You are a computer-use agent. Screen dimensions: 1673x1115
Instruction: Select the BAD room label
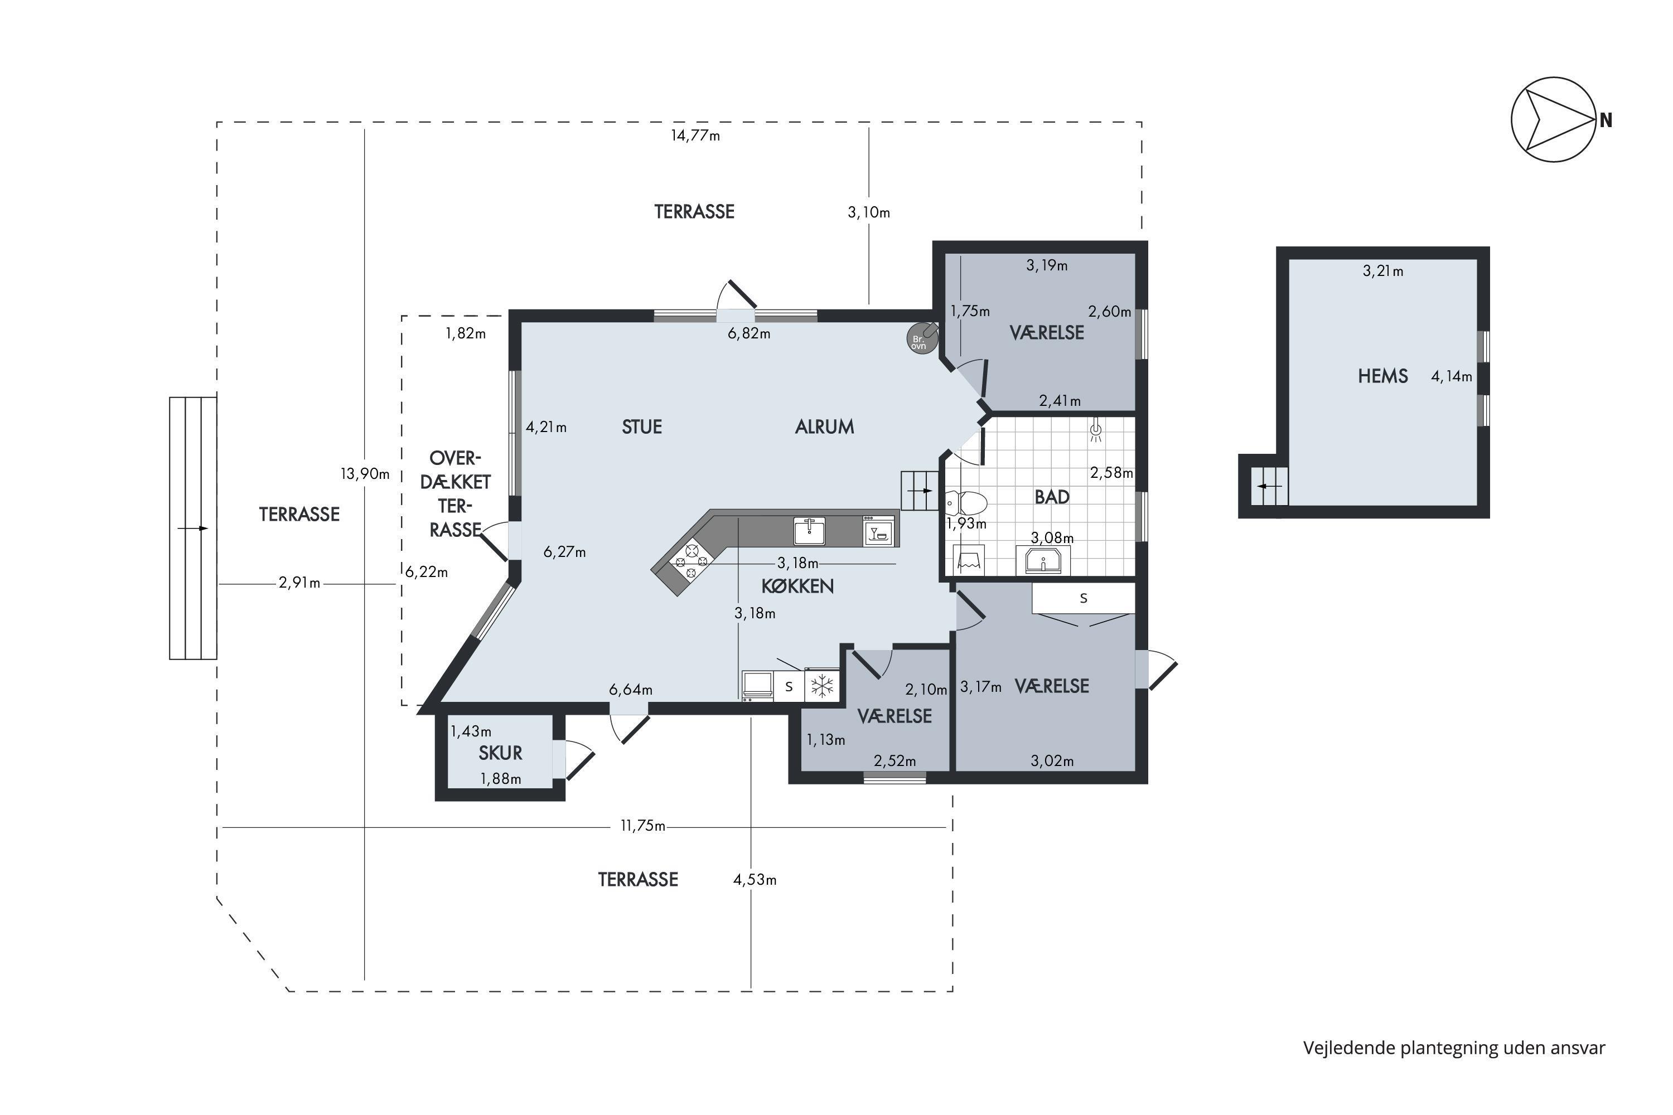(x=1051, y=497)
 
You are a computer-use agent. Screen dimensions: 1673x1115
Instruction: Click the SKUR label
(x=500, y=752)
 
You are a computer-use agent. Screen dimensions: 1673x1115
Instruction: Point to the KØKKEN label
(x=797, y=586)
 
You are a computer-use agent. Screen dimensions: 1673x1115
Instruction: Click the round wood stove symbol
(x=922, y=338)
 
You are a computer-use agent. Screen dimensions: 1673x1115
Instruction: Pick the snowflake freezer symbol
(x=822, y=686)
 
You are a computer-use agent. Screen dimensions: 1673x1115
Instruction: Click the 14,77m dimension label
(x=695, y=135)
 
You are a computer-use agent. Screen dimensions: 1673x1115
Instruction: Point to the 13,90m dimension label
(x=365, y=473)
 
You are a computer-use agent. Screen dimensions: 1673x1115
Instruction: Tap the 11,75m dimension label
(x=643, y=826)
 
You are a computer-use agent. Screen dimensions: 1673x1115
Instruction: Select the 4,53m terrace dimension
(x=755, y=880)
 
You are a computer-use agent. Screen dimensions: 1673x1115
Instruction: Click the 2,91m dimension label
(x=299, y=583)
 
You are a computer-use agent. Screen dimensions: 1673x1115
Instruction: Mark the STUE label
(x=642, y=426)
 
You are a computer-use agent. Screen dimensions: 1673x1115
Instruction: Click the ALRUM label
(x=824, y=426)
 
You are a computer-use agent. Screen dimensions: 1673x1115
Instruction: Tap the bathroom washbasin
(x=1043, y=560)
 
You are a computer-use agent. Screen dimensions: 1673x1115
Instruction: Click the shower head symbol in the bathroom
(x=1096, y=431)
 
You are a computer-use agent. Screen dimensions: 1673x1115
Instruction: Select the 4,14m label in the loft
(x=1451, y=376)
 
